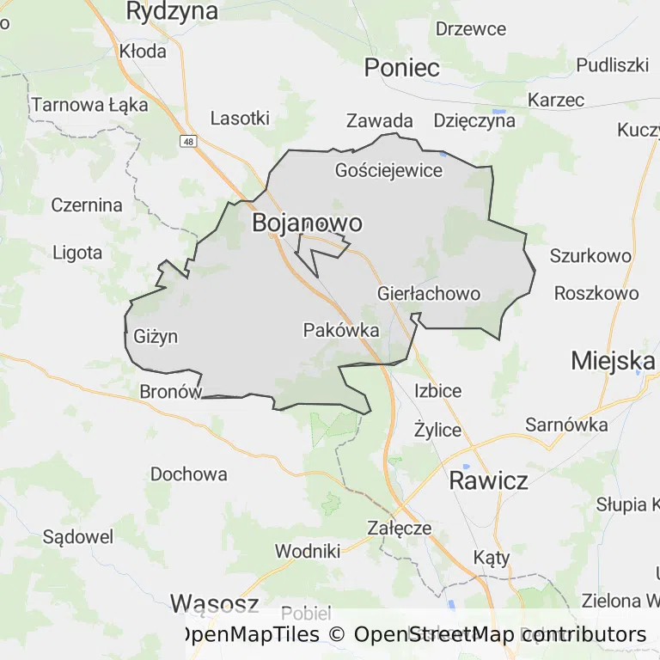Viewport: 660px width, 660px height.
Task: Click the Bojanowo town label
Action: point(307,223)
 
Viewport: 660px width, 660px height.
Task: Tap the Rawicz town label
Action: point(488,480)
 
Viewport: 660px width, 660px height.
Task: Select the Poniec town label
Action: point(401,69)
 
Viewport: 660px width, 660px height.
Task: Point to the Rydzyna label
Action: point(172,11)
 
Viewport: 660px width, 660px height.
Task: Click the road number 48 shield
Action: point(188,139)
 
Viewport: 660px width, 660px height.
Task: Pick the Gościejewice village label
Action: point(388,170)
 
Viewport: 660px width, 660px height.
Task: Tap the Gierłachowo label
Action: point(429,294)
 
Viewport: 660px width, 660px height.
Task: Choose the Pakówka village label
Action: point(341,330)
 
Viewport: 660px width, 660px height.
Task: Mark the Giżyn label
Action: point(156,336)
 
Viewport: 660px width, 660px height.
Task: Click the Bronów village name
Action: point(170,392)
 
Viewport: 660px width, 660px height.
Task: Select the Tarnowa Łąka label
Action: point(90,106)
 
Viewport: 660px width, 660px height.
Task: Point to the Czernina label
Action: point(87,205)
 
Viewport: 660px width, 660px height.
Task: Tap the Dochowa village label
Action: point(189,474)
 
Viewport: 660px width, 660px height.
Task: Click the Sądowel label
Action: point(78,537)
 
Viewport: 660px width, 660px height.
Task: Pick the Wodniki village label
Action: point(308,551)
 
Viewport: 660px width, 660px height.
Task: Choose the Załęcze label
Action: point(399,528)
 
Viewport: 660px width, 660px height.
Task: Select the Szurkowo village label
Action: point(590,255)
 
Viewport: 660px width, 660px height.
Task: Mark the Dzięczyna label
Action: point(474,120)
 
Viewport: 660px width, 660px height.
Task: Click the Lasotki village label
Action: point(240,119)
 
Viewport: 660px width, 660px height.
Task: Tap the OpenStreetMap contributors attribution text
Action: point(499,635)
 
